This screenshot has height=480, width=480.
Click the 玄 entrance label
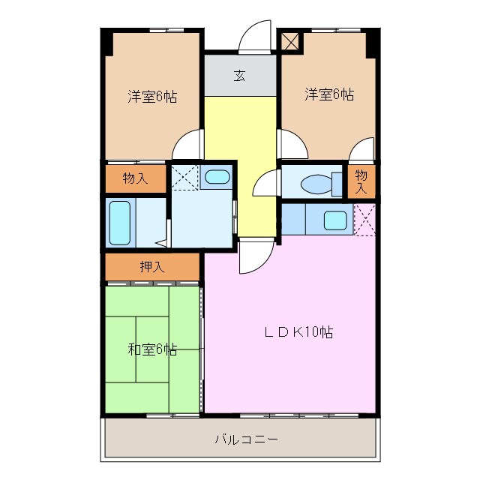239,75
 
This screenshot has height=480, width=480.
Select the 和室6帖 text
152,349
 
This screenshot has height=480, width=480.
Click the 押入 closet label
152,266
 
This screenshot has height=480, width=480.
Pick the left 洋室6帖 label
152,97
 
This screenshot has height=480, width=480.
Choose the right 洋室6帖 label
329,94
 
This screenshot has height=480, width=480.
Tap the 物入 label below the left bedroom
134,178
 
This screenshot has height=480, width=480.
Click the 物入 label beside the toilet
360,181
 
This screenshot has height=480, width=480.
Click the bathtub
120,223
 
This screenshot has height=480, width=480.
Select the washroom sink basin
217,178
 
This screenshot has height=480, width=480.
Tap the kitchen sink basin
335,220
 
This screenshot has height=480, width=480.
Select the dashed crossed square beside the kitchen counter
364,220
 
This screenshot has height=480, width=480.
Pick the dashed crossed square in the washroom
184,178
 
